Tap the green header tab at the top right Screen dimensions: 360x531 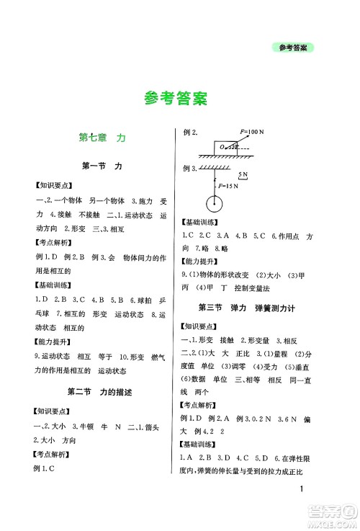coord(296,49)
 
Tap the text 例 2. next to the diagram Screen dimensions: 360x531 coord(190,133)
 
